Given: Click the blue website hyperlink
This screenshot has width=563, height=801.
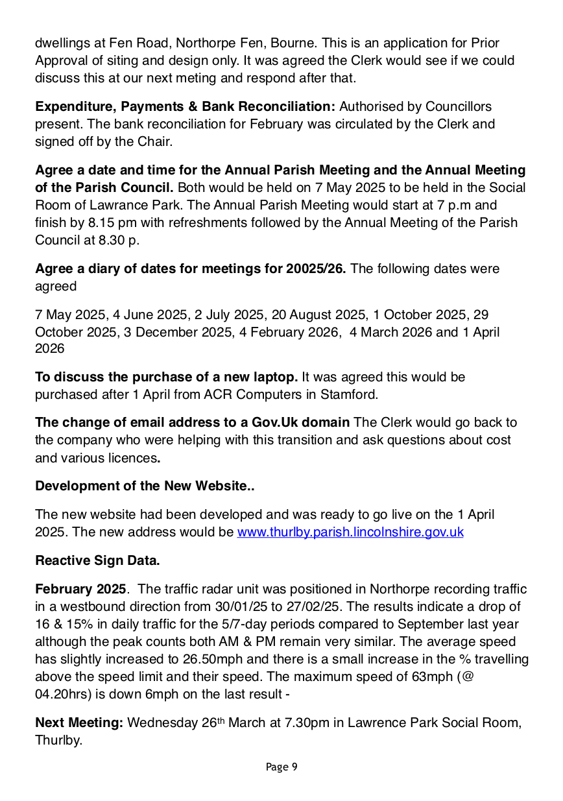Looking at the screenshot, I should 350,532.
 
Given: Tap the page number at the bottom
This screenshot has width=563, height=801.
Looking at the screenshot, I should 281,767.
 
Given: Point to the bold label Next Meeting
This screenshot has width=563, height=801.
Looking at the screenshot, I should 78,723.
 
